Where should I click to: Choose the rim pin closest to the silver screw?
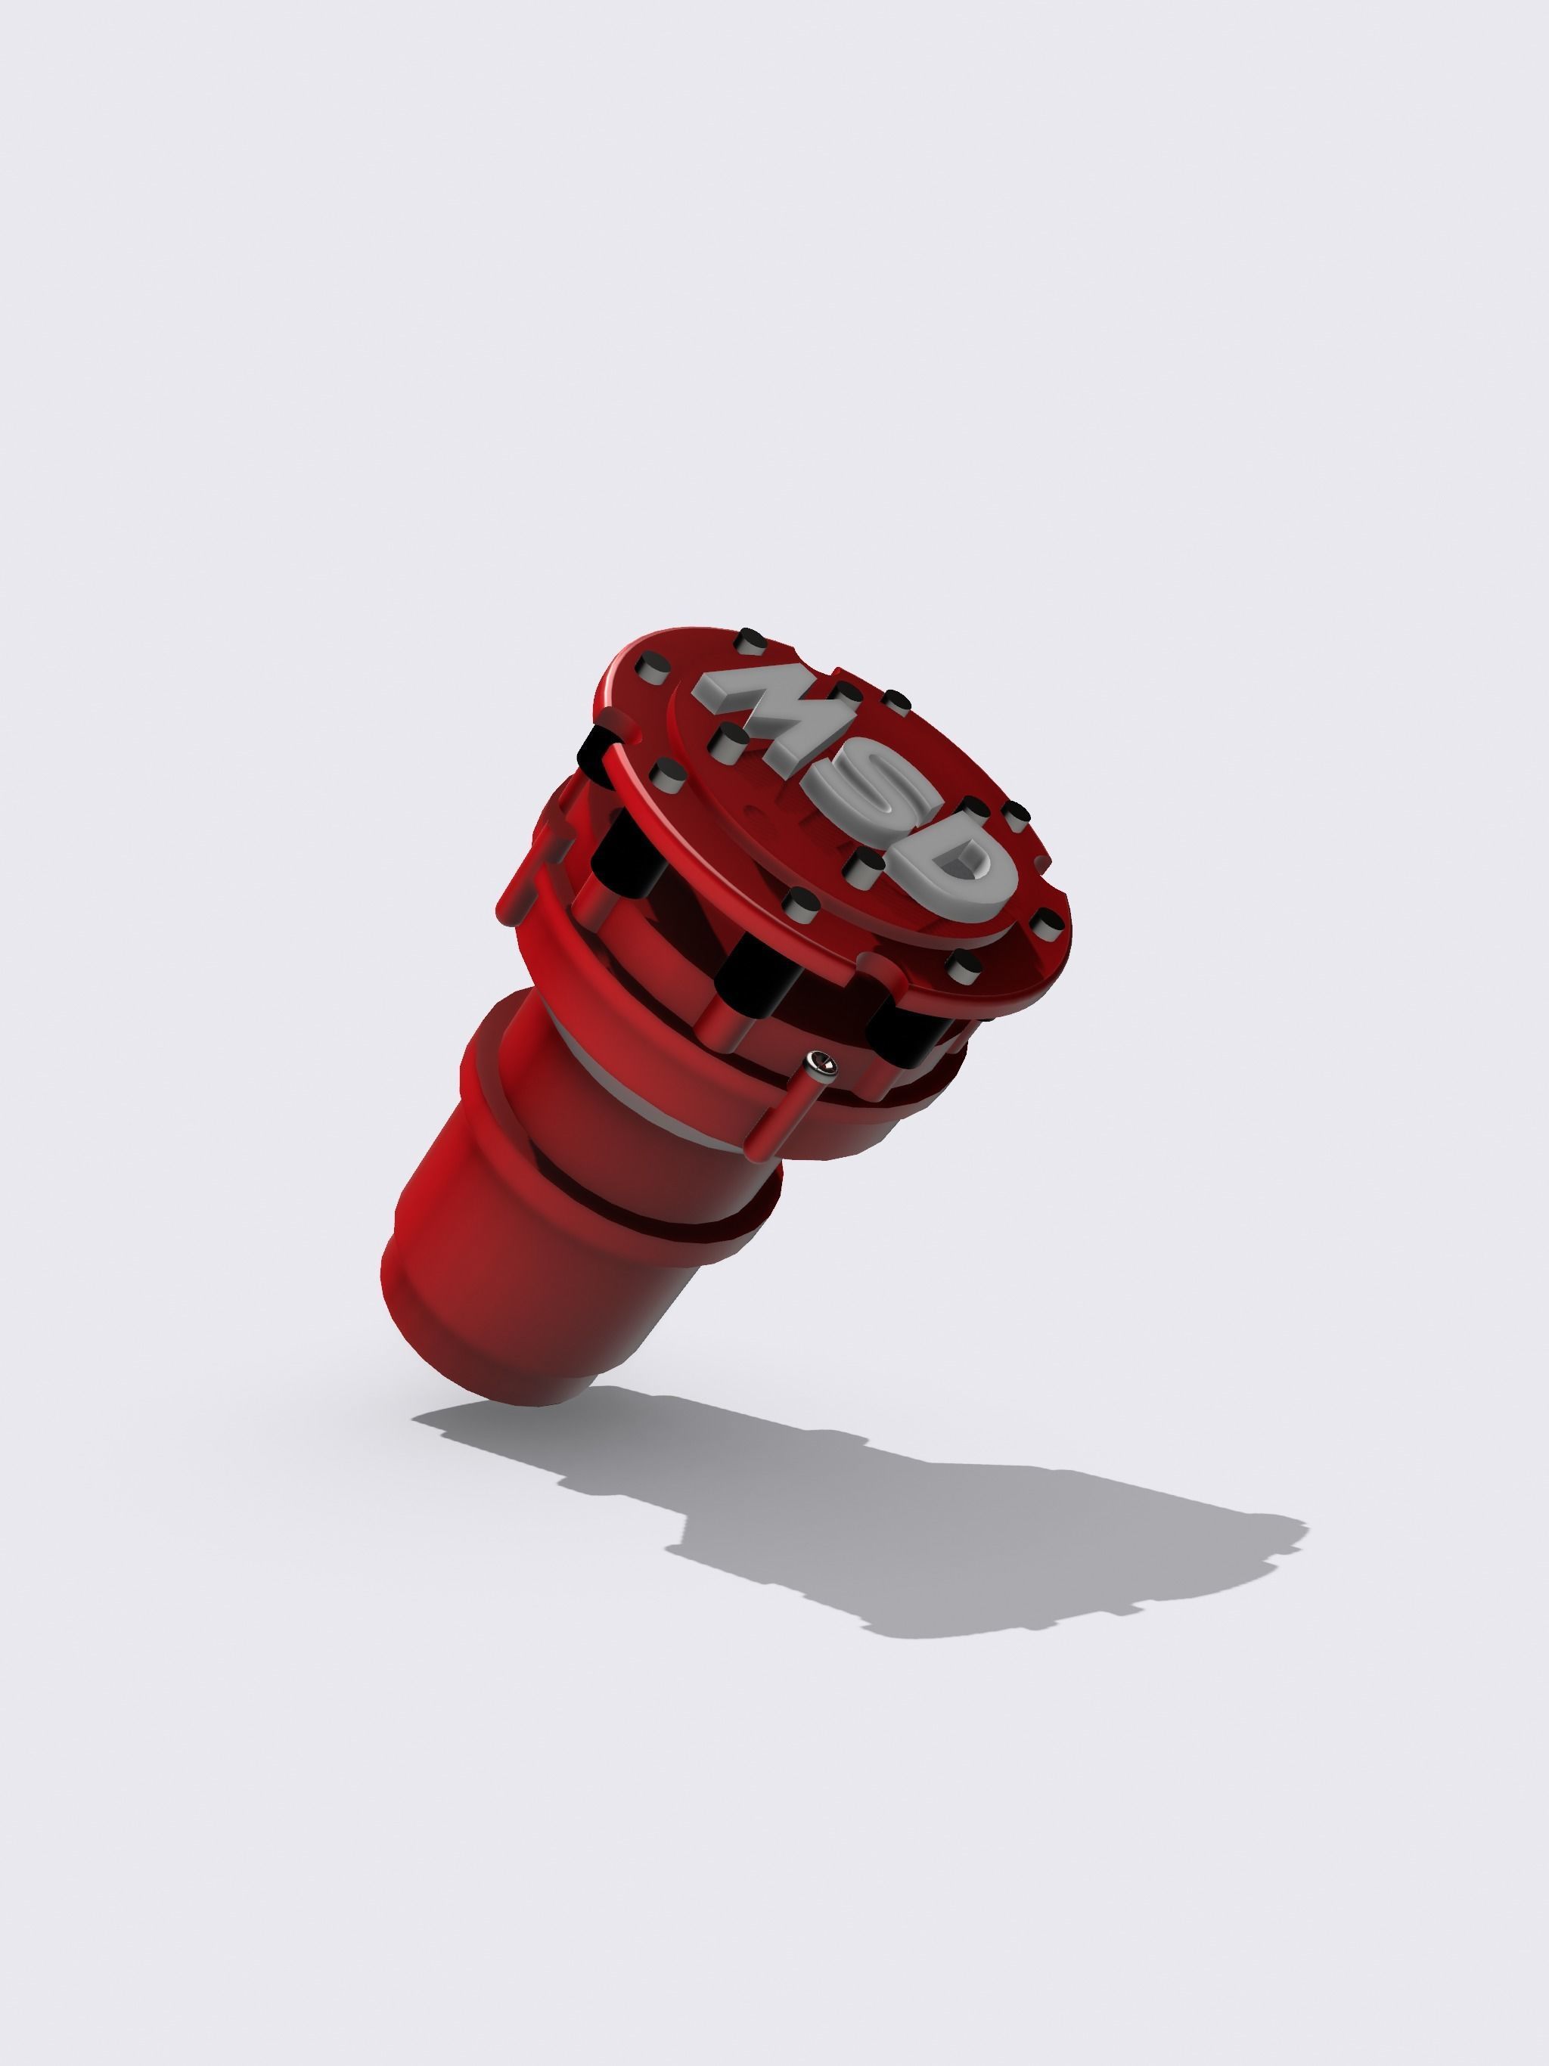(x=962, y=962)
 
